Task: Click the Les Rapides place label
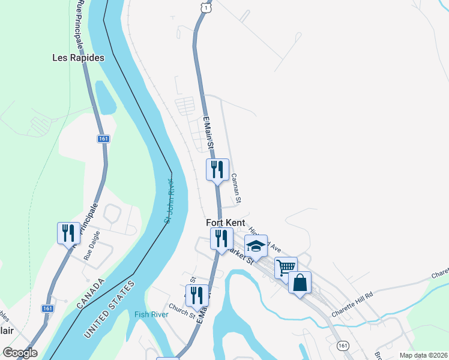tap(77, 58)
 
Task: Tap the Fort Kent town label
tap(226, 223)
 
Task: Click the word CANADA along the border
tap(91, 294)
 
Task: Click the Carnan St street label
tap(237, 188)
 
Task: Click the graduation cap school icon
tap(256, 246)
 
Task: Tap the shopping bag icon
tap(300, 282)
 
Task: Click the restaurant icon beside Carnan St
tap(217, 169)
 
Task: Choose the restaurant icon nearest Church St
tap(197, 295)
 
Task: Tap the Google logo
tap(20, 353)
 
